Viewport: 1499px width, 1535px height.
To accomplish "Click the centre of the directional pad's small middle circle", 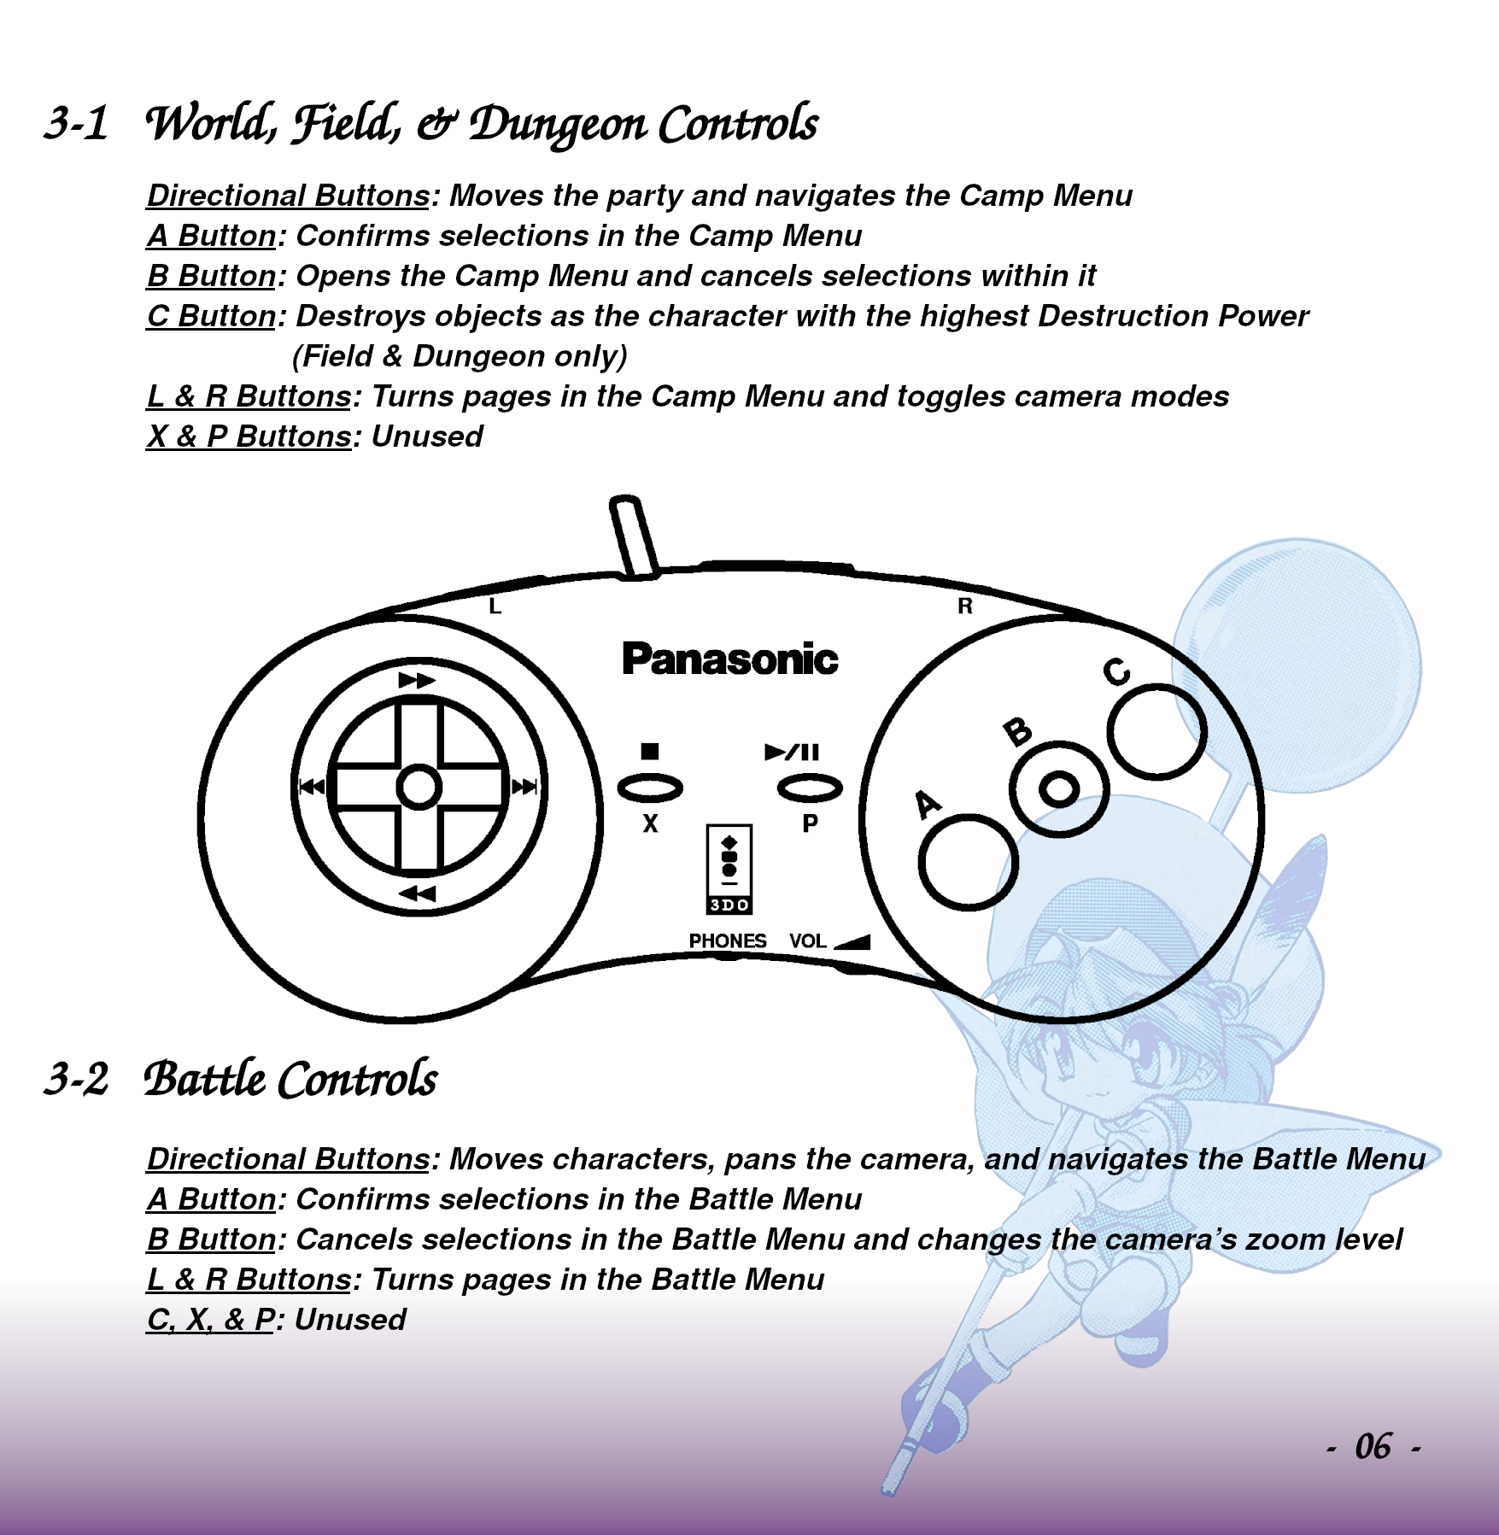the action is point(419,787).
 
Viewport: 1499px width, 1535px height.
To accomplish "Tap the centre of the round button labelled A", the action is point(968,862).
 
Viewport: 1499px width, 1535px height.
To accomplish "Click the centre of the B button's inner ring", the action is point(1059,788).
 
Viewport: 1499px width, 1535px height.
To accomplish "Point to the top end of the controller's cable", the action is point(625,503).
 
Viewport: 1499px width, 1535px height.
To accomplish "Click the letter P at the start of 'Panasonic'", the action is point(636,659).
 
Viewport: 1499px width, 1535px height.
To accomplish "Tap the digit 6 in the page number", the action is point(1383,1447).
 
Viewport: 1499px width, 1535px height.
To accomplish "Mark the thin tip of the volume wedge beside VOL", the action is point(834,946).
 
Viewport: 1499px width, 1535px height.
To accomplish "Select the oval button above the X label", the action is point(650,788).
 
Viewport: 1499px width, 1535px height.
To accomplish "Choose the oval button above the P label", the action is point(810,788).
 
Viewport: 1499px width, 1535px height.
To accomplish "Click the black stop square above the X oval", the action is point(650,751).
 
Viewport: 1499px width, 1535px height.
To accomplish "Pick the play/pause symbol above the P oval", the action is point(792,752).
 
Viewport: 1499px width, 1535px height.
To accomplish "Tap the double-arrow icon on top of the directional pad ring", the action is point(417,680).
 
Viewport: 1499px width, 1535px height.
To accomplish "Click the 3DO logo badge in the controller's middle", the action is point(729,869).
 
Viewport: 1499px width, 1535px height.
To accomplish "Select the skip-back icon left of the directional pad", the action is point(311,787).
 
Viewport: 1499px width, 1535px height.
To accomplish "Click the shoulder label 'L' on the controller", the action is point(495,606).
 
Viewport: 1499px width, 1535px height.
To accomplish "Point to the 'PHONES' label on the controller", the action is point(728,940).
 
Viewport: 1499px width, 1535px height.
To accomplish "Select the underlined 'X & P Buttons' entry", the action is point(249,436).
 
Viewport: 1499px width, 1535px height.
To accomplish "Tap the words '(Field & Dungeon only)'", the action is point(460,356).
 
